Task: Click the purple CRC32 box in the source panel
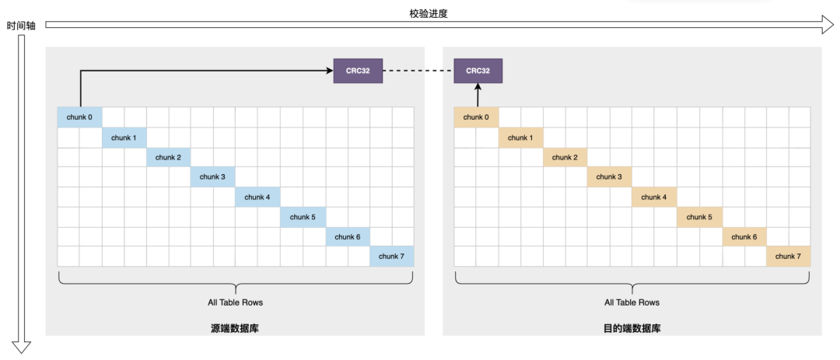coord(358,71)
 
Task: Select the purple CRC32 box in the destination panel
coord(479,71)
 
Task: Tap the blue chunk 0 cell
coord(79,117)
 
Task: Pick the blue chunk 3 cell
coord(212,177)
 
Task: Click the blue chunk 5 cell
coord(303,217)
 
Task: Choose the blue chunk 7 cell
coord(391,257)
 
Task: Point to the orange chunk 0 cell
coord(476,117)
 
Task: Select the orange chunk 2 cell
coord(565,158)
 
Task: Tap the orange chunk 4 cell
coord(654,197)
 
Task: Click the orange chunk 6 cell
coord(744,237)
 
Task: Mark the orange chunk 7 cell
coord(788,257)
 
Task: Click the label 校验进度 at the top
coord(428,13)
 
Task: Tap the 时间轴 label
coord(21,26)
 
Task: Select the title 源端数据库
coord(235,328)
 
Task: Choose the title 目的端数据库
coord(632,328)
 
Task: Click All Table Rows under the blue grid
coord(235,302)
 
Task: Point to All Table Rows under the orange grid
coord(632,302)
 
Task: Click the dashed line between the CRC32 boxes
coord(418,71)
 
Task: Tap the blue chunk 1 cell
coord(124,138)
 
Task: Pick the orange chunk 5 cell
coord(699,217)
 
